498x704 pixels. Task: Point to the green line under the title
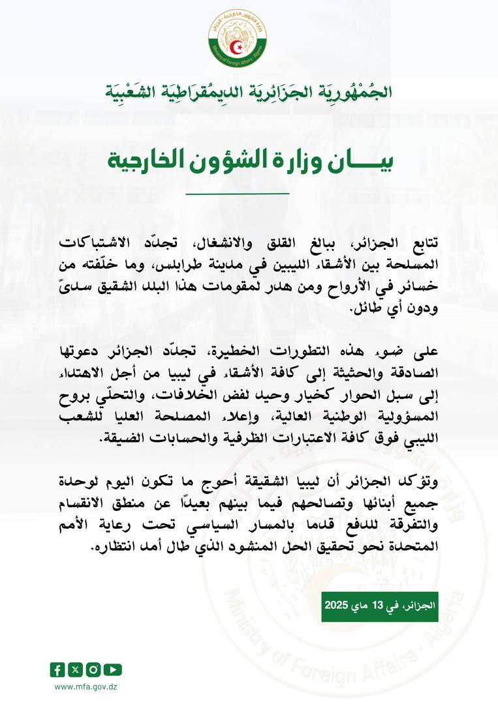coord(237,194)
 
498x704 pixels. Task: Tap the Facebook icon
coord(57,669)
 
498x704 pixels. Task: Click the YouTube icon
coord(112,669)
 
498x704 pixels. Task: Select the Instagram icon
coord(94,669)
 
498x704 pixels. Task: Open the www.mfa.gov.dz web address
coord(86,686)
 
